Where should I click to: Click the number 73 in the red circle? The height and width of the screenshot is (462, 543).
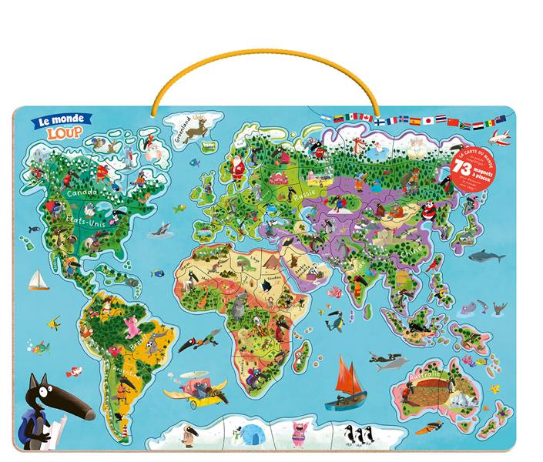point(464,168)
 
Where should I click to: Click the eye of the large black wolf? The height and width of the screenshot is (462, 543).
point(51,385)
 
